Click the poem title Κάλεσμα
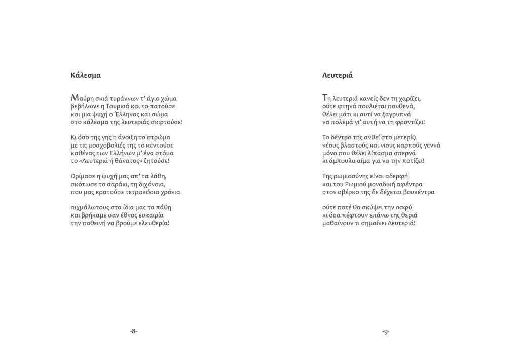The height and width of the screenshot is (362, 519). coord(86,75)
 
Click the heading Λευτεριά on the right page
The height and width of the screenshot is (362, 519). coord(337,75)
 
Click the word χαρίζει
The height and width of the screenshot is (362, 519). coord(409,99)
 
